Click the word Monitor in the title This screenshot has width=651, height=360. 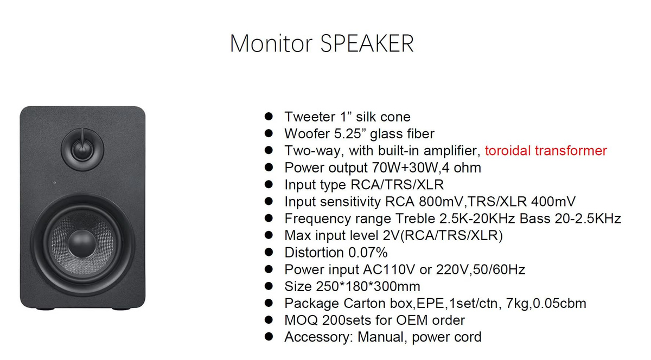[x=271, y=43]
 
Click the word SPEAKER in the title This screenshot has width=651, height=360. [x=367, y=43]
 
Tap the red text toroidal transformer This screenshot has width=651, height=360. [x=546, y=151]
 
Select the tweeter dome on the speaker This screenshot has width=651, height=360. [x=82, y=150]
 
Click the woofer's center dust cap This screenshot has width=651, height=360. [x=82, y=243]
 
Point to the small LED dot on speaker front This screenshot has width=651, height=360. [x=55, y=183]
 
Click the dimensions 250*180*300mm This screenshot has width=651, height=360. [x=368, y=286]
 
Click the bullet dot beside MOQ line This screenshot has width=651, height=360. [x=269, y=320]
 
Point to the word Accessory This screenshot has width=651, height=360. [x=318, y=337]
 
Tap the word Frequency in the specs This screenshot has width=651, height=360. [x=318, y=219]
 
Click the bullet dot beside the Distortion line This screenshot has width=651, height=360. [x=269, y=252]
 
